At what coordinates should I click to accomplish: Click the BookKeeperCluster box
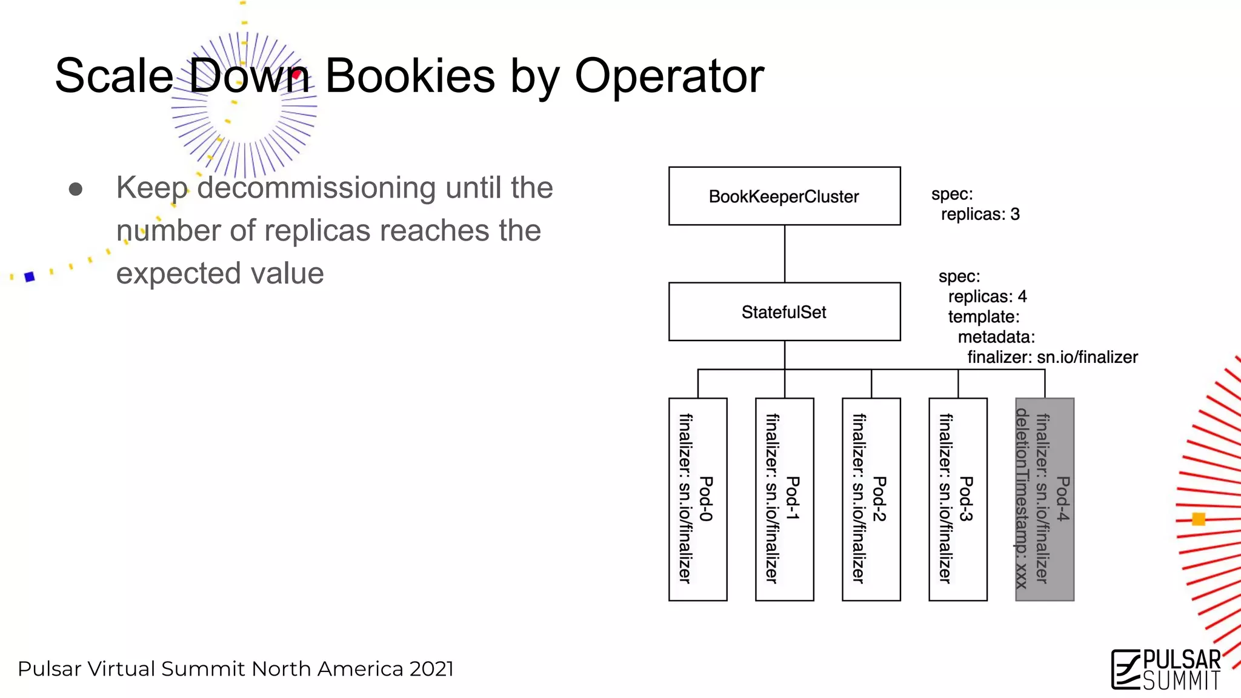[x=784, y=196]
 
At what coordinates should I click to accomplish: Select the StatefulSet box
[x=784, y=311]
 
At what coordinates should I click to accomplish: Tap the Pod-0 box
[x=697, y=499]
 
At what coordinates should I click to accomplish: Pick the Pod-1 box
[x=784, y=499]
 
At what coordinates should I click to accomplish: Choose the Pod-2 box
[x=871, y=499]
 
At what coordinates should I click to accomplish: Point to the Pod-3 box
[x=957, y=499]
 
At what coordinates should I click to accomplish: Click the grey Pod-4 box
[x=1044, y=499]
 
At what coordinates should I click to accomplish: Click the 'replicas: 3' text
[x=980, y=214]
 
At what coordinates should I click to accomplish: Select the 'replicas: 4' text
[x=987, y=297]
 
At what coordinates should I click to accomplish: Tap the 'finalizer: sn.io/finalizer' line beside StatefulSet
[x=1052, y=357]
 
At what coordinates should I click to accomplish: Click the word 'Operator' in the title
[x=669, y=76]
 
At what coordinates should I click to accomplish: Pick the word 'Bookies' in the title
[x=410, y=76]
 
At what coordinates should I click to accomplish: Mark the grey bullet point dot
[x=76, y=190]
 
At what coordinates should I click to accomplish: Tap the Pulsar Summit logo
[x=1166, y=669]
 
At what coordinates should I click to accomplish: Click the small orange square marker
[x=1198, y=519]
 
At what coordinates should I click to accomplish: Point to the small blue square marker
[x=30, y=277]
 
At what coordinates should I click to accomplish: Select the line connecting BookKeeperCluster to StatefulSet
[x=785, y=254]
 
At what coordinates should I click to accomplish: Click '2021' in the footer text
[x=431, y=669]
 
